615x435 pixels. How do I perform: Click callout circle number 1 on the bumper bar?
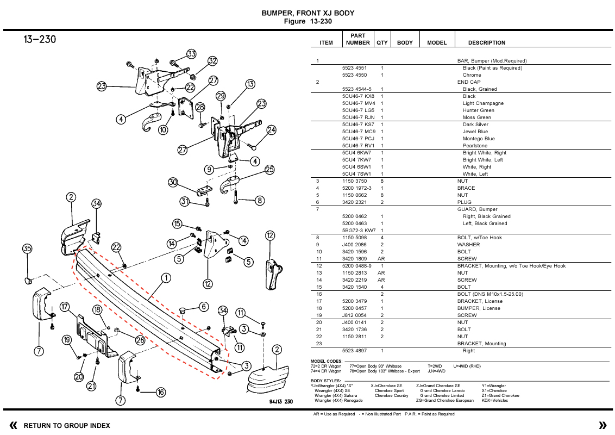166,278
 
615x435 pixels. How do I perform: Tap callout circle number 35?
27,249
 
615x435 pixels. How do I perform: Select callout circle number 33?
191,54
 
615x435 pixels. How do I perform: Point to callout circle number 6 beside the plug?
204,307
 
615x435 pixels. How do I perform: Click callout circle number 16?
161,393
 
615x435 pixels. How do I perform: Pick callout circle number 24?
271,130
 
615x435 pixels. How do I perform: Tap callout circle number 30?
173,182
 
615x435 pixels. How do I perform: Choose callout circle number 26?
140,340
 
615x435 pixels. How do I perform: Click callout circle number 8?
260,201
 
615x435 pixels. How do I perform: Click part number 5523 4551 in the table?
354,68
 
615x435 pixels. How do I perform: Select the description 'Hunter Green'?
478,110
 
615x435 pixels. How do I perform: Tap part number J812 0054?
354,315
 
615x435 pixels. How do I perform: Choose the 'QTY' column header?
382,42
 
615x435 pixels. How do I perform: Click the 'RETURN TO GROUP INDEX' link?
67,426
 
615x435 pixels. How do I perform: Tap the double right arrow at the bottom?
602,425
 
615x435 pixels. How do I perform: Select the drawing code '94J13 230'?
280,402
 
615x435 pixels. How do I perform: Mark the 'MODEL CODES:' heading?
327,362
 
